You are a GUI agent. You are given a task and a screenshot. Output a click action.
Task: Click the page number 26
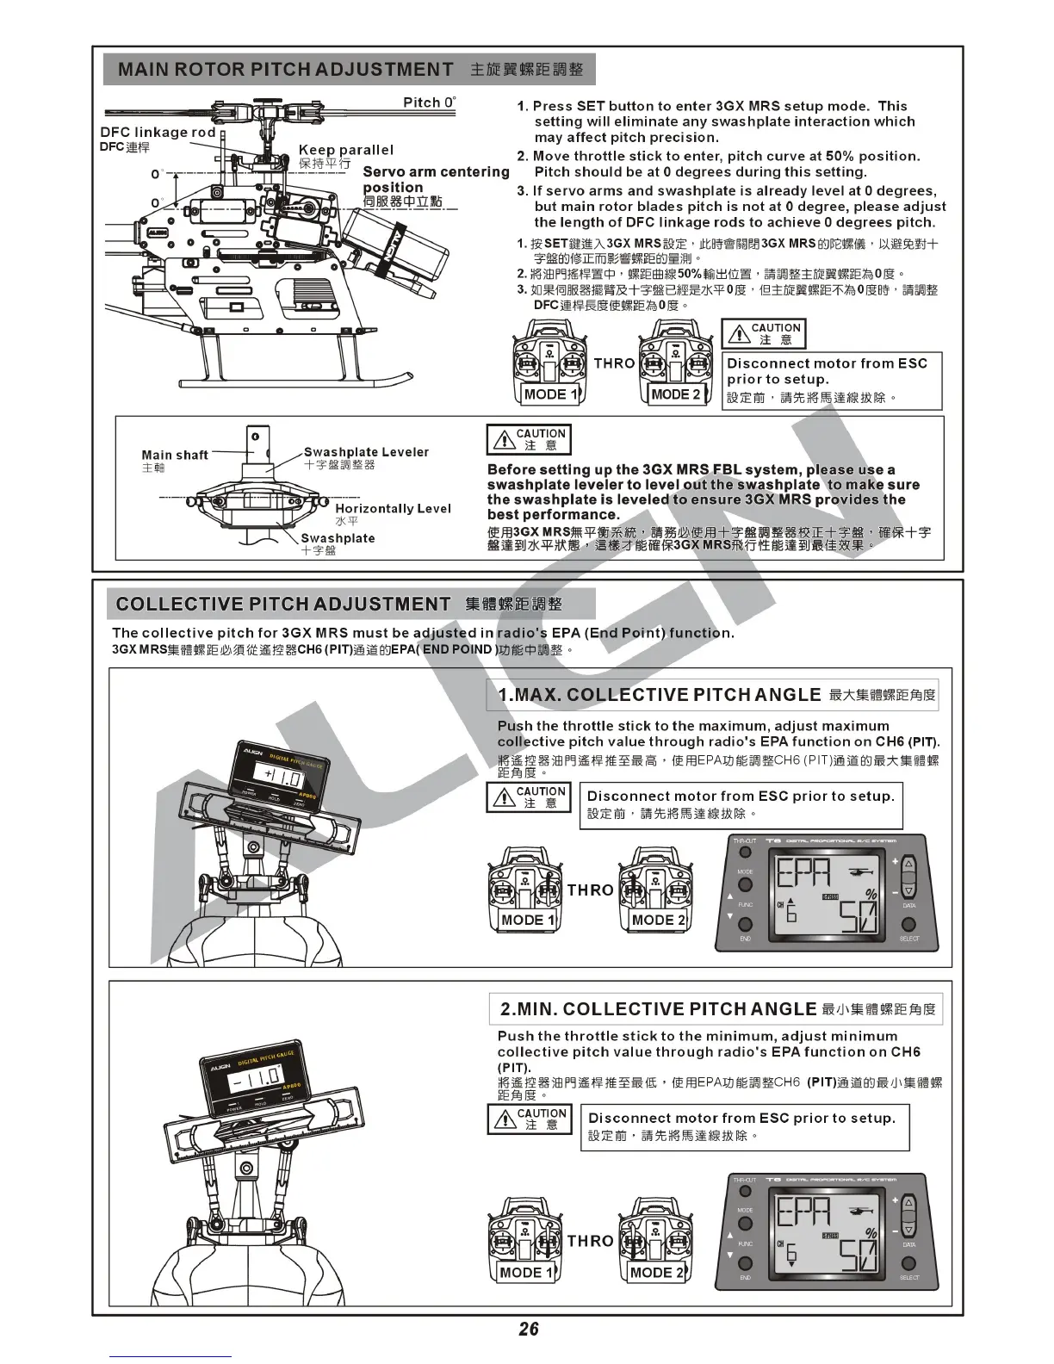pos(528,1329)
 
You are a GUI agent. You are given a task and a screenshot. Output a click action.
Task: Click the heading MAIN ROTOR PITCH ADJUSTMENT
pos(285,69)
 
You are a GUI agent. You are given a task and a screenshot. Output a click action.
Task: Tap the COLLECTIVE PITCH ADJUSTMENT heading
pos(282,604)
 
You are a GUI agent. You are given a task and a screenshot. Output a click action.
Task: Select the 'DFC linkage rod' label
pos(158,132)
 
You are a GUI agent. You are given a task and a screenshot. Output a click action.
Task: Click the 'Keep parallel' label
pos(345,150)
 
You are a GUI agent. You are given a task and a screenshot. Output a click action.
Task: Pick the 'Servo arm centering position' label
pos(436,179)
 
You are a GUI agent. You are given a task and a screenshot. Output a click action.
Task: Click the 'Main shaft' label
pos(175,455)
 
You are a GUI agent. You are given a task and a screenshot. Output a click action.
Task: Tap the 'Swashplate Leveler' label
pos(366,452)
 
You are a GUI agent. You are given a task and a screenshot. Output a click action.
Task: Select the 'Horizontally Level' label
pos(393,508)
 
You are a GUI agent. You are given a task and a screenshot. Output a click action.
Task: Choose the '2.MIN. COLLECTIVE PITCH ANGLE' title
pos(659,1008)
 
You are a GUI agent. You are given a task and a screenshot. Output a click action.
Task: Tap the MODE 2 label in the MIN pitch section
pos(657,1272)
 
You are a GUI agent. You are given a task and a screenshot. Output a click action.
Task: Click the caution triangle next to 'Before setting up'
pos(503,441)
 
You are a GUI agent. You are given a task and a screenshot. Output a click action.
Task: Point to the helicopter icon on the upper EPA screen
pos(860,873)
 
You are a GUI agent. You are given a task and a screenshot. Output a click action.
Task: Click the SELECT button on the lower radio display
pos(909,1264)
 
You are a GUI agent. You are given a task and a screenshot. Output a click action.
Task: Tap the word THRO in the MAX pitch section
pos(590,890)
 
